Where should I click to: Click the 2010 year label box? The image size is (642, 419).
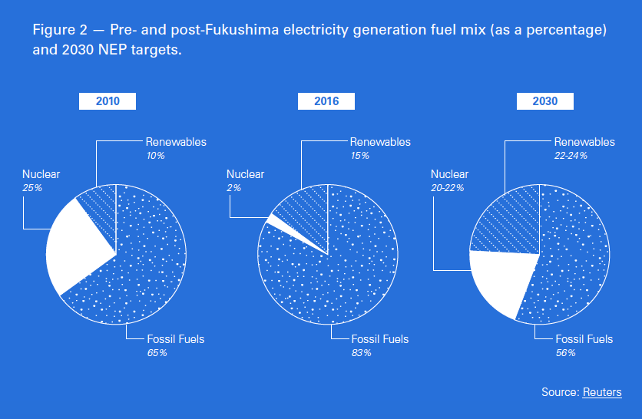point(108,101)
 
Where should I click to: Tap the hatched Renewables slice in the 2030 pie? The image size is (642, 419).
point(507,219)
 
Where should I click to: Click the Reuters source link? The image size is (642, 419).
point(602,392)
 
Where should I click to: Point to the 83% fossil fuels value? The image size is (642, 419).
point(361,353)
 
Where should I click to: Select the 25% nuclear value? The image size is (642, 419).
point(31,187)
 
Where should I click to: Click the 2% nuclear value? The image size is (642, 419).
point(233,187)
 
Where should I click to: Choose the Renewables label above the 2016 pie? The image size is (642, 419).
point(380,142)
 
